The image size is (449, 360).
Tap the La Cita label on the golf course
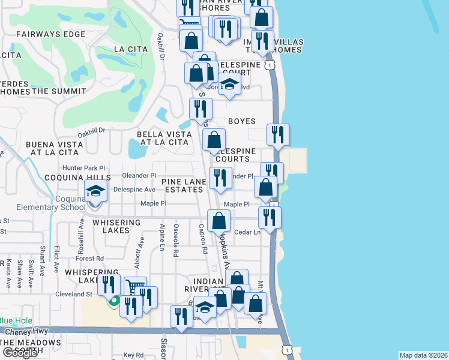click(126, 49)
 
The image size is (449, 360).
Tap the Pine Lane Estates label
click(182, 185)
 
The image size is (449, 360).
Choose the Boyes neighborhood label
click(242, 121)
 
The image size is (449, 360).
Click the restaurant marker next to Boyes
click(277, 135)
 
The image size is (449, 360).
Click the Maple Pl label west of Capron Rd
click(153, 203)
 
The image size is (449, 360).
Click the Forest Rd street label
click(90, 259)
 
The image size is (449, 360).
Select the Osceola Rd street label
click(176, 240)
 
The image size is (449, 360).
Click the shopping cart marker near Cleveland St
click(135, 287)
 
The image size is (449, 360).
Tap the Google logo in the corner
click(20, 353)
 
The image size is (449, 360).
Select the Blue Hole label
click(14, 320)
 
